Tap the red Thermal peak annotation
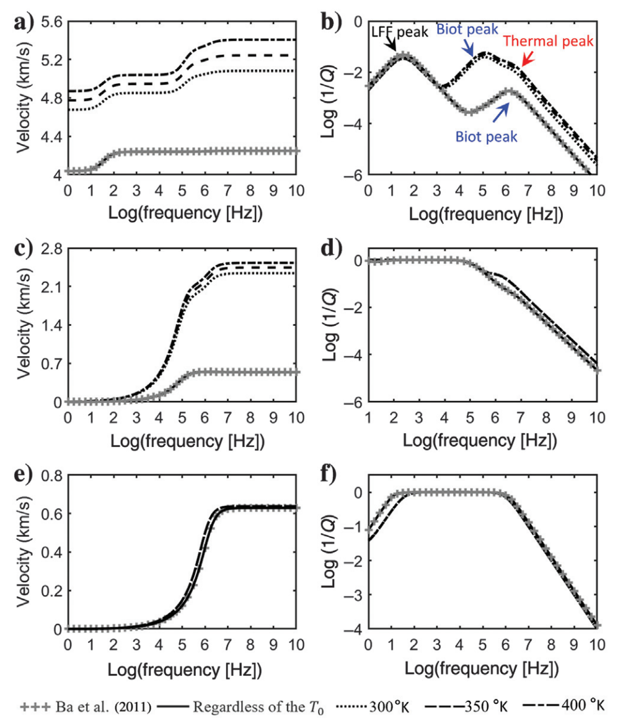coord(548,41)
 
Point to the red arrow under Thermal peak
coord(526,60)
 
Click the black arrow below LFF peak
coord(391,45)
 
